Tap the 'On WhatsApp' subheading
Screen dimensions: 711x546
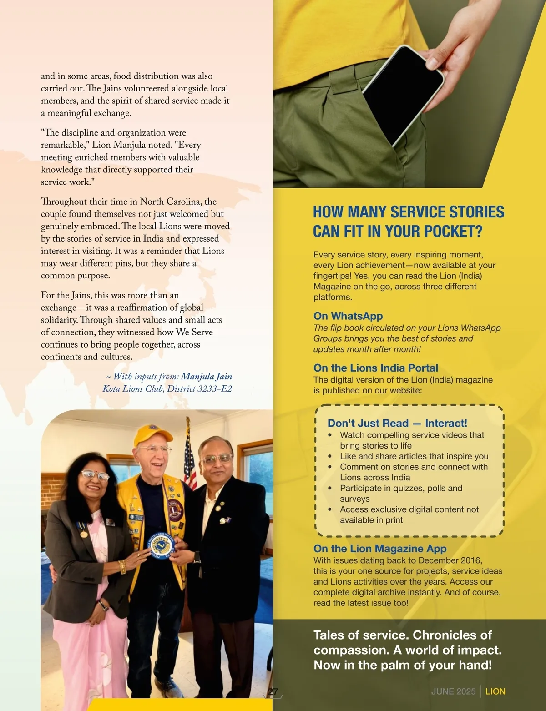point(348,316)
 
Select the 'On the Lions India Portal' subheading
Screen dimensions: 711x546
point(375,368)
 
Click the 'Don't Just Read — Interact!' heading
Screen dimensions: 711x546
point(397,423)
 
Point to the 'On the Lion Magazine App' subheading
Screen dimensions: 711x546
point(380,548)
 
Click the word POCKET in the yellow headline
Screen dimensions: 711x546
point(453,232)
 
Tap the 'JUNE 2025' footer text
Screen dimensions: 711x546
point(453,691)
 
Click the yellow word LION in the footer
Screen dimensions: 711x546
point(495,691)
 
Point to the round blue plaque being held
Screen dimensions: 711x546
point(162,545)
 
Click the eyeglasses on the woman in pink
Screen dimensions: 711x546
point(96,476)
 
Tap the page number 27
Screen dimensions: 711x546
point(273,692)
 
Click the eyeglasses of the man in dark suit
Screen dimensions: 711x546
point(216,459)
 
